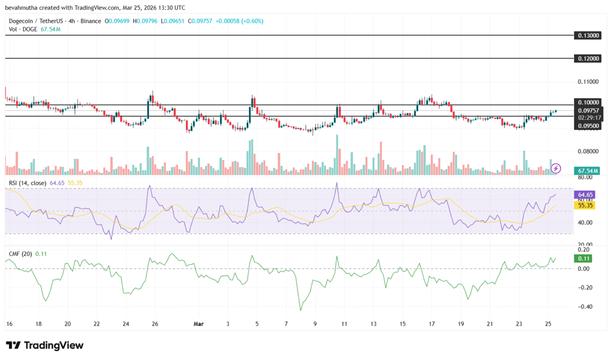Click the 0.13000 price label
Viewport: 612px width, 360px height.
587,35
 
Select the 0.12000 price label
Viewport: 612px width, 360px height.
587,58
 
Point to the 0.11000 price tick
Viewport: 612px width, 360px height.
587,81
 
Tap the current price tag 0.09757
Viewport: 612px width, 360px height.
587,110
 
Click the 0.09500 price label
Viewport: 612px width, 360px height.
587,126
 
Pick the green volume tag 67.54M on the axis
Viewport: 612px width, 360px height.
587,170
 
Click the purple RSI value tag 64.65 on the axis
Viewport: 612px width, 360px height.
585,194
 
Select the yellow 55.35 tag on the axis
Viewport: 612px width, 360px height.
585,205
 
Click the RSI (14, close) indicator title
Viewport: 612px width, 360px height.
28,183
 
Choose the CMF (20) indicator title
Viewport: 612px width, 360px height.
20,254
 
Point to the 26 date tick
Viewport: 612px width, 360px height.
155,323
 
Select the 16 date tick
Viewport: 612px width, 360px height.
9,323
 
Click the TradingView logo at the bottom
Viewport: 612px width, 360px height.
44,345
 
